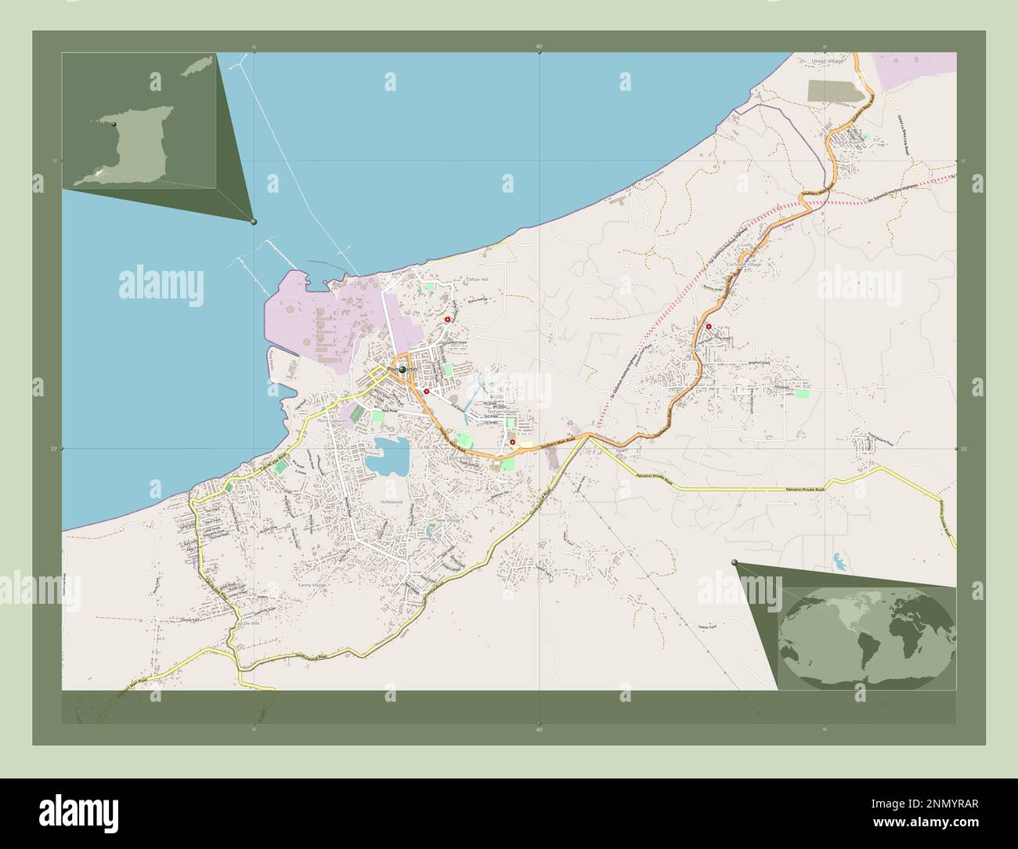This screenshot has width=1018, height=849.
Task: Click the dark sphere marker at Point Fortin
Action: (402, 370)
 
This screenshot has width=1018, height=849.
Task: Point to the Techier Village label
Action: (502, 411)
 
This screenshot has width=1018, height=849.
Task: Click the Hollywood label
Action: (391, 501)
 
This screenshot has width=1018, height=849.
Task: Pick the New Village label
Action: (448, 520)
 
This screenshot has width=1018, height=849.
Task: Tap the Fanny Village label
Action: (312, 584)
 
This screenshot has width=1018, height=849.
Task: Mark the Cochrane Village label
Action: (743, 265)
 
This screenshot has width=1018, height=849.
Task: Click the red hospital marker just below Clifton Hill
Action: (448, 320)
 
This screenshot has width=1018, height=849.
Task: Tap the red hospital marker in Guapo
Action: (709, 327)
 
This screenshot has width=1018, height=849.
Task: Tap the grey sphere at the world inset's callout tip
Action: (734, 562)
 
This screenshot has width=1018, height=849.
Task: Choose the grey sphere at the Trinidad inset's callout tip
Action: (253, 222)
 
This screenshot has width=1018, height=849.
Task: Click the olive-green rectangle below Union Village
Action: (839, 91)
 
